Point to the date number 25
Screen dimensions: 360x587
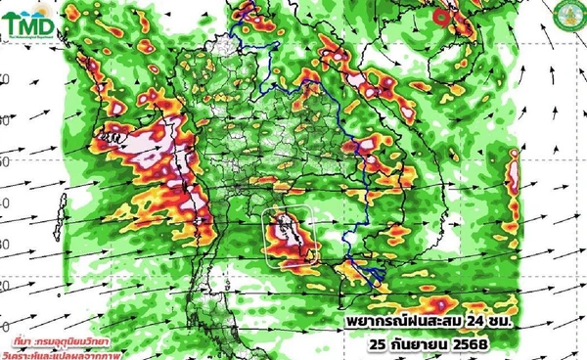click(386, 343)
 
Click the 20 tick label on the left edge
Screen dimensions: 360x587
click(6, 285)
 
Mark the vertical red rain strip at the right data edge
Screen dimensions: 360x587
click(511, 191)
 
